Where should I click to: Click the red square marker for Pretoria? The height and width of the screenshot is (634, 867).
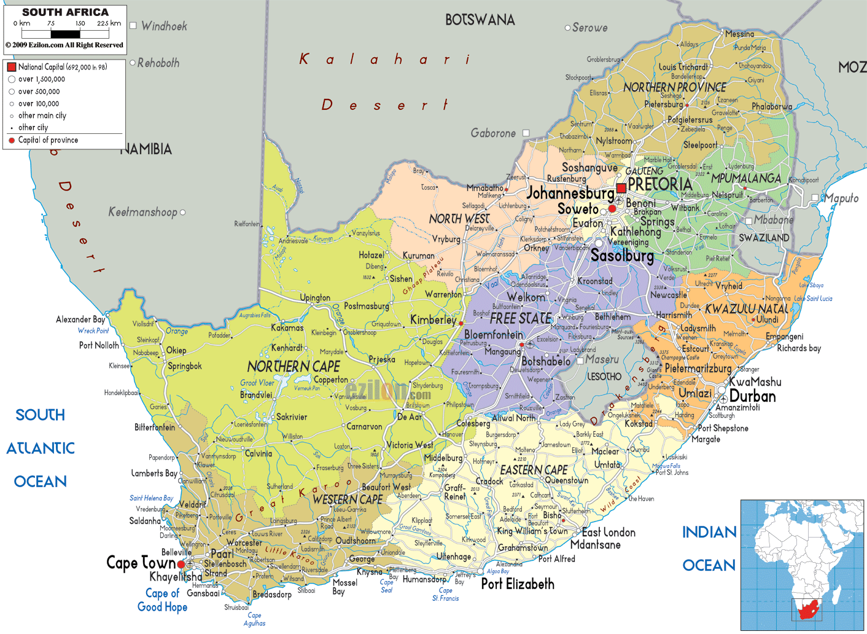point(621,188)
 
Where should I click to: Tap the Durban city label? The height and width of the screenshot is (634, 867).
point(752,396)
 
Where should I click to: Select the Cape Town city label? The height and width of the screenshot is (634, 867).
point(141,563)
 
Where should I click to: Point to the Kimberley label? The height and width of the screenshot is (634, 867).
point(433,319)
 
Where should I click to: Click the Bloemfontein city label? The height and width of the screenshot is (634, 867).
point(494,335)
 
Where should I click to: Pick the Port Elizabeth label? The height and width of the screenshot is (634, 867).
point(517,584)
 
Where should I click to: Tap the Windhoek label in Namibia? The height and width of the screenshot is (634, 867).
point(164,26)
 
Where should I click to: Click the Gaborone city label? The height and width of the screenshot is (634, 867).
point(493,133)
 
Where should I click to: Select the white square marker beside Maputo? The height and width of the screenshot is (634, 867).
point(815,198)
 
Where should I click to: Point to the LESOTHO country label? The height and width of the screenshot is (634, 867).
point(604,376)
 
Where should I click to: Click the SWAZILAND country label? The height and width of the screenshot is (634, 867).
point(764,238)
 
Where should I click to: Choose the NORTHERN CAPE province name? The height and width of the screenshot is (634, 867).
point(294,367)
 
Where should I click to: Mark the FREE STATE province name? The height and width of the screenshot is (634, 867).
point(520,318)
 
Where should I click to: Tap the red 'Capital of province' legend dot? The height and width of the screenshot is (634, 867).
point(12,141)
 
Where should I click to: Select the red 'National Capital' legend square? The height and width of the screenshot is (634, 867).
point(11,67)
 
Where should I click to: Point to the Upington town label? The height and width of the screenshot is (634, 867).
point(315,297)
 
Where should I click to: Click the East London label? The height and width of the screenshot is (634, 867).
point(608,533)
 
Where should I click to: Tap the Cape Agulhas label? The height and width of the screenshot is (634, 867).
point(254,619)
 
